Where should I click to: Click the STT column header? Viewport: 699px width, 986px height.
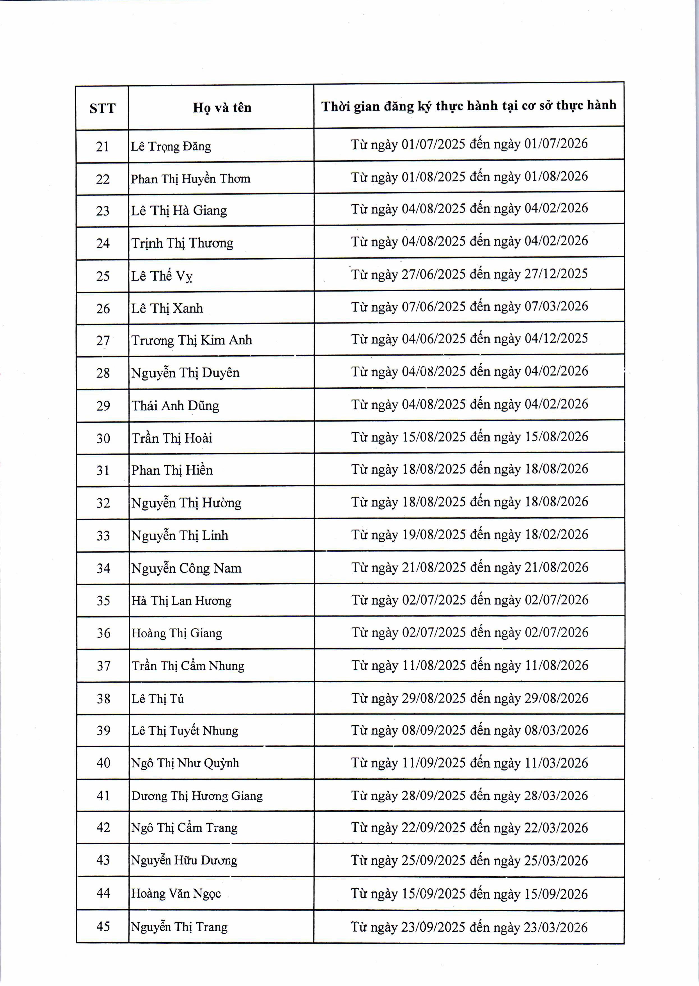pyautogui.click(x=102, y=108)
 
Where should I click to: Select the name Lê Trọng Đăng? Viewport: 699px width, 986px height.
pyautogui.click(x=171, y=147)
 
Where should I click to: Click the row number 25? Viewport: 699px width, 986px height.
pyautogui.click(x=103, y=276)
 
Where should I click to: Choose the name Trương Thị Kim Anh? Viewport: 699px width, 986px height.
pyautogui.click(x=192, y=340)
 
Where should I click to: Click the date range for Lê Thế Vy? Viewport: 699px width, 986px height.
pyautogui.click(x=469, y=274)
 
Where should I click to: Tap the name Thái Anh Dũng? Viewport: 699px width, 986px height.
pyautogui.click(x=175, y=406)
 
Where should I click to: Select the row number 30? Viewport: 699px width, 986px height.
pyautogui.click(x=103, y=438)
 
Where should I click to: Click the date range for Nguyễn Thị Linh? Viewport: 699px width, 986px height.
pyautogui.click(x=470, y=535)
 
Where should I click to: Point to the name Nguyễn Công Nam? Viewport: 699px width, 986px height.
pyautogui.click(x=186, y=568)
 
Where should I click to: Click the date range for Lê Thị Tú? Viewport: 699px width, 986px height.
pyautogui.click(x=470, y=698)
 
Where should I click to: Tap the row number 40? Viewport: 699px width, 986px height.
pyautogui.click(x=103, y=763)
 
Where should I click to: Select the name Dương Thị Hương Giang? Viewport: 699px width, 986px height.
pyautogui.click(x=197, y=796)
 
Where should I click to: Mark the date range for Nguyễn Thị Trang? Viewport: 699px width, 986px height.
pyautogui.click(x=469, y=927)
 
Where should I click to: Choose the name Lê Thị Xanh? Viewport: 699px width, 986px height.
pyautogui.click(x=167, y=308)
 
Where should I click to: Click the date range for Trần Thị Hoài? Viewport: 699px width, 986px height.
pyautogui.click(x=470, y=437)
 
